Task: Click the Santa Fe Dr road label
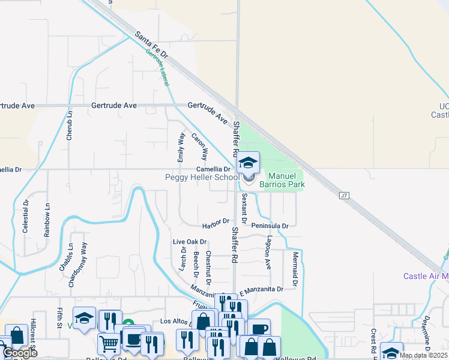click(151, 46)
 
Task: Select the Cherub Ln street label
click(70, 125)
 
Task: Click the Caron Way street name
click(200, 146)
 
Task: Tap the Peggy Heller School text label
click(202, 177)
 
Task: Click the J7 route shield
click(343, 196)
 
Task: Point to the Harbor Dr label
click(217, 221)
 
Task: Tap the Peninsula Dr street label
click(270, 226)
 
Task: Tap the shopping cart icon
click(109, 343)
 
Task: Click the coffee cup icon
click(259, 329)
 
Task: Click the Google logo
click(20, 353)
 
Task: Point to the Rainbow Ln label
click(47, 223)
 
